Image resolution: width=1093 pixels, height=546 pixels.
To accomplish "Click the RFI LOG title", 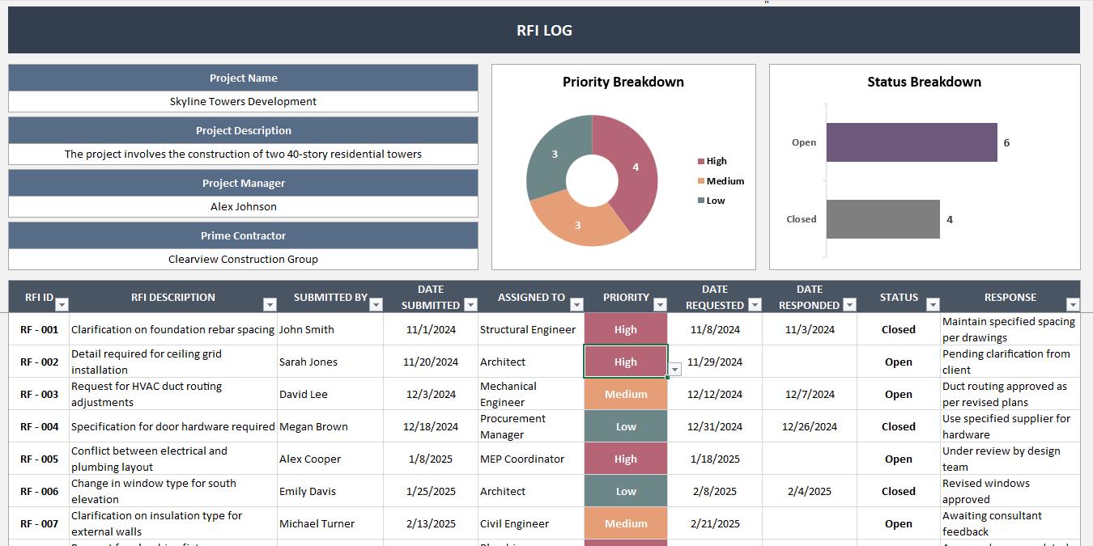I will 544,31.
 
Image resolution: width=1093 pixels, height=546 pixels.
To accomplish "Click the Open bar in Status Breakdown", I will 911,142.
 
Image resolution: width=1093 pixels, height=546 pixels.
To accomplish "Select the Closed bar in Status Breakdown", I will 882,219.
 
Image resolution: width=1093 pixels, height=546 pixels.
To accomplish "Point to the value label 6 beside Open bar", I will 1006,142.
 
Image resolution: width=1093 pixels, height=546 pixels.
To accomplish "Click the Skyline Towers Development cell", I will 243,102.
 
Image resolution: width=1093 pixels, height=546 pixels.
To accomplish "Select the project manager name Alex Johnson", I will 243,207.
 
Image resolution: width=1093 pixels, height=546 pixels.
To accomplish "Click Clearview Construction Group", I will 243,260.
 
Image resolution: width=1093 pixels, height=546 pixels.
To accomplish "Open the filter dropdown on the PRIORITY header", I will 660,305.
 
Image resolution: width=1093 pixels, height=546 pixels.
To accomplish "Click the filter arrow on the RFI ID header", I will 62,305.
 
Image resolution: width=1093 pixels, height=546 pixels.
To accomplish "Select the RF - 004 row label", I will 39,426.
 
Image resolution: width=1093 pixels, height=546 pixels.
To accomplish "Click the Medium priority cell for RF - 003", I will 625,394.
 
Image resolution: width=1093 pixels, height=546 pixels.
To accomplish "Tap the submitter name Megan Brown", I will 313,426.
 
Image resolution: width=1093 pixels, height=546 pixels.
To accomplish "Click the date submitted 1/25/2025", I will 431,491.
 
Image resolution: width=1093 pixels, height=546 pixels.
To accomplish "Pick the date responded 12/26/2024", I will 810,426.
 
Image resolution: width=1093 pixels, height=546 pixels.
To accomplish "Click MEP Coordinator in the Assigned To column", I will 521,459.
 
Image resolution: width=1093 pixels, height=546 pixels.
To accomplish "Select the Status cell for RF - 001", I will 898,329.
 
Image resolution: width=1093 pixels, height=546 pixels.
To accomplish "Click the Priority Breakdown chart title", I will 623,82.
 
